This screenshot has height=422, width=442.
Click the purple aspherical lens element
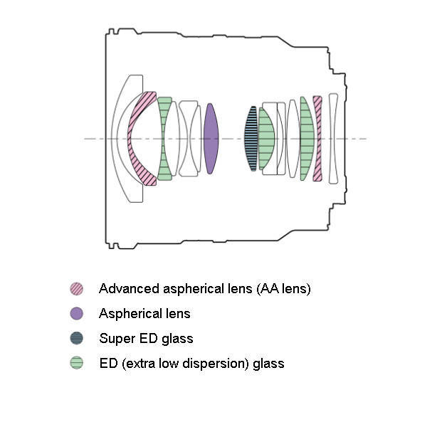(x=210, y=139)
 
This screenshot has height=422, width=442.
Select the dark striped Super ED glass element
(x=251, y=139)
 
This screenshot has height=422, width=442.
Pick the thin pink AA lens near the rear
(x=317, y=139)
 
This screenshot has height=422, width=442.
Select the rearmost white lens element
(x=333, y=139)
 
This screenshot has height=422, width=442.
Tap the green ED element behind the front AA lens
(x=165, y=139)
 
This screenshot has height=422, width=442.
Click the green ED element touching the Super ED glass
(x=265, y=139)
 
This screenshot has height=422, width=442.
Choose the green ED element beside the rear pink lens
(x=307, y=139)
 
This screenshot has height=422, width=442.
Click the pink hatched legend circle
(x=76, y=289)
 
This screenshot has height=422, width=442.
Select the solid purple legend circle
(x=76, y=314)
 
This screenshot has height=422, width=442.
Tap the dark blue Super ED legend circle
(x=76, y=339)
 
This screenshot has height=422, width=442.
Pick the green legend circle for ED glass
(x=76, y=364)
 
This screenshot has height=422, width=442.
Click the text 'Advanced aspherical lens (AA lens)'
(x=205, y=289)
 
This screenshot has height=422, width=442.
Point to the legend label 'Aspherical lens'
(x=144, y=314)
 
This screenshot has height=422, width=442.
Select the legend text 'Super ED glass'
(x=146, y=339)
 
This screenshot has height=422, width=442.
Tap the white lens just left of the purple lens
(x=189, y=139)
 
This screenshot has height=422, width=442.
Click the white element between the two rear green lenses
(x=293, y=139)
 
